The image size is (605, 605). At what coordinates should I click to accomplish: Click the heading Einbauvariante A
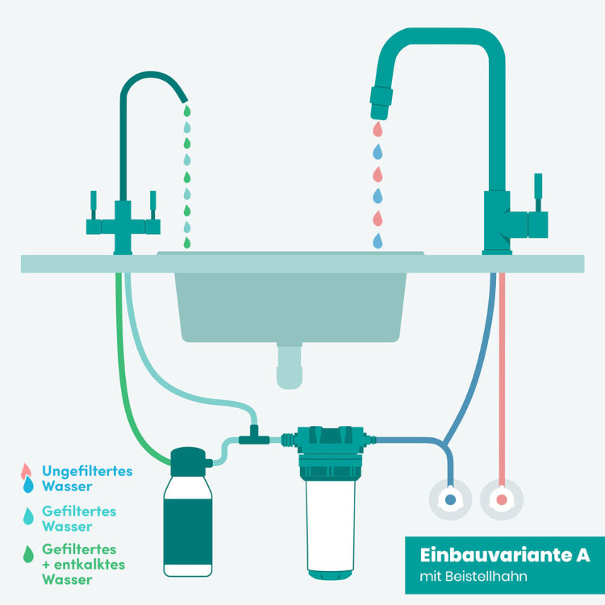[504, 556]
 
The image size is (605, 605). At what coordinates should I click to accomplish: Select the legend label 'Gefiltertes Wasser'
[79, 519]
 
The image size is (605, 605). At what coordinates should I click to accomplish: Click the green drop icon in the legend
[30, 553]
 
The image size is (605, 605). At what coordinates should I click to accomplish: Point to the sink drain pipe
[289, 367]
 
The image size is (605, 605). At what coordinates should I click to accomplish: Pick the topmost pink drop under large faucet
[377, 129]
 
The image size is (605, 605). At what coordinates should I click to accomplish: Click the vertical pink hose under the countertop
[502, 363]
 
